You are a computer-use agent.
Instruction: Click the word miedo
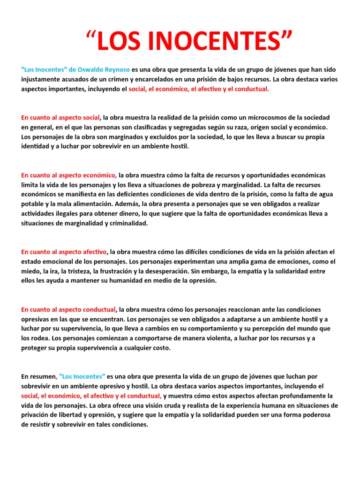click(x=30, y=271)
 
